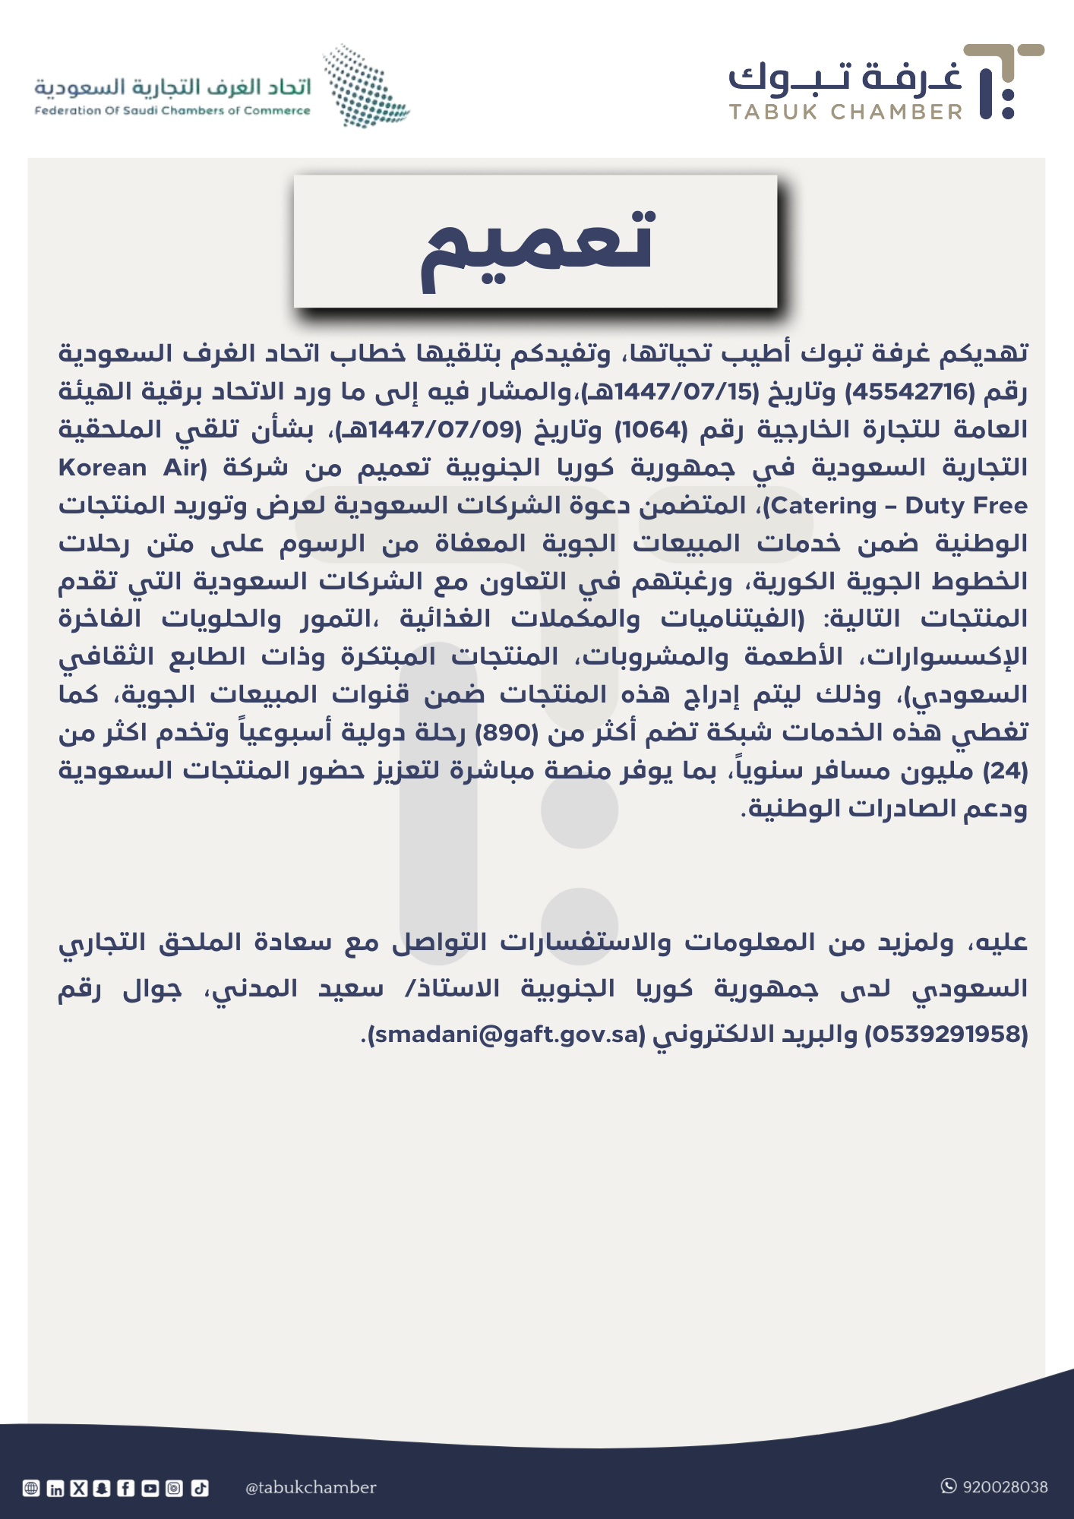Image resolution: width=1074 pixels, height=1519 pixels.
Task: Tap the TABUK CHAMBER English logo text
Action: point(845,112)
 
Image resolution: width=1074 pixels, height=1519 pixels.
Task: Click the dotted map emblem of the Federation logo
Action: point(365,86)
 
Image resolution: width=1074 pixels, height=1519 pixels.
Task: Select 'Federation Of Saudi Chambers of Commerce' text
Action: point(172,111)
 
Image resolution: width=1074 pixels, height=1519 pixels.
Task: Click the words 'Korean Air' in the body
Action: point(131,468)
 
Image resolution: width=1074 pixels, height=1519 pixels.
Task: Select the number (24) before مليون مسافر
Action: point(1006,771)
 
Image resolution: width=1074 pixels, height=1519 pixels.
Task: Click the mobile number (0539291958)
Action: point(946,1034)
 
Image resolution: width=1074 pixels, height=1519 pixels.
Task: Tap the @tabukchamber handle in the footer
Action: point(311,1488)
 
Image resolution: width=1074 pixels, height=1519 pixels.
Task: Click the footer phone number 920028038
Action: point(1004,1487)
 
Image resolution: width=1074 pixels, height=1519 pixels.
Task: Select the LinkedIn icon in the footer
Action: point(55,1489)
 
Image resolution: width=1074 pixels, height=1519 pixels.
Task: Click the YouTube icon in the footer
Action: point(150,1489)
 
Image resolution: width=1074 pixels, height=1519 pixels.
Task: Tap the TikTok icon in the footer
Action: point(199,1489)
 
